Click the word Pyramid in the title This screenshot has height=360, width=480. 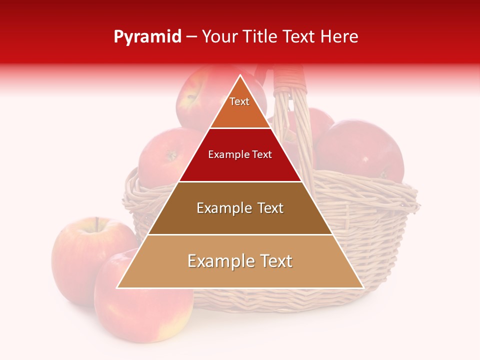147,37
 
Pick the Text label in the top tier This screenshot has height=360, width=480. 239,101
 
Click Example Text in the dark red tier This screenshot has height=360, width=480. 240,154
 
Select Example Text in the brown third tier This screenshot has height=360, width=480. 240,208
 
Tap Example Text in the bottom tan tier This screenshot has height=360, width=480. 240,261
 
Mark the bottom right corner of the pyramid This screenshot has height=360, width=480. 362,287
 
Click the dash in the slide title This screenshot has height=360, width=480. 191,37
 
